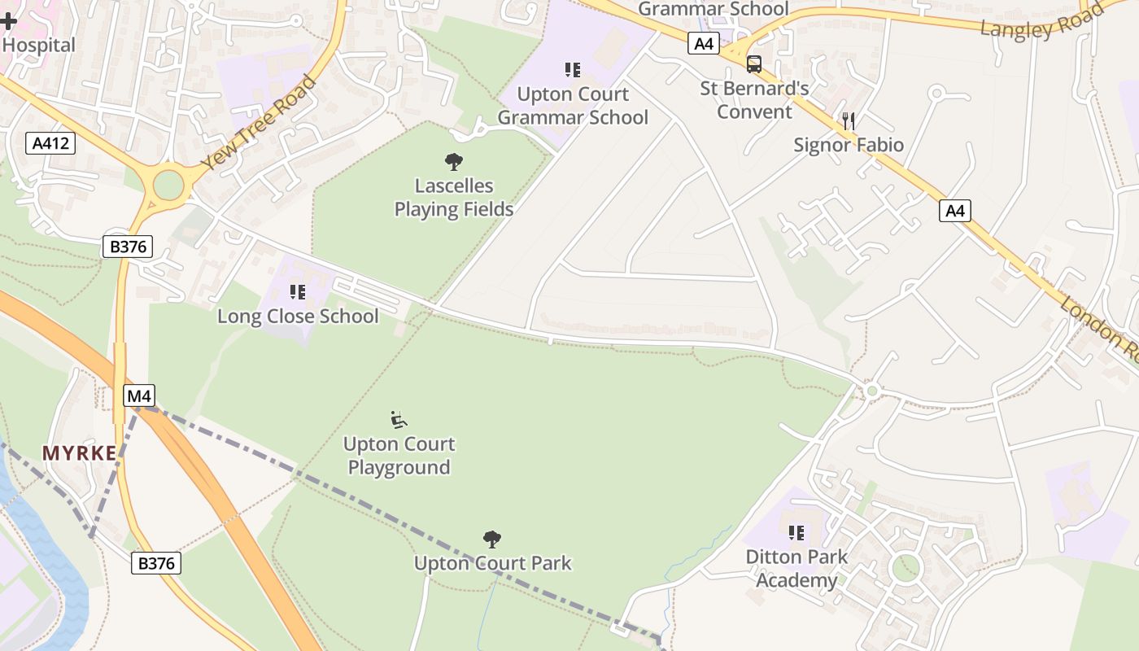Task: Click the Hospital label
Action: [38, 45]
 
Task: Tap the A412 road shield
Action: [50, 144]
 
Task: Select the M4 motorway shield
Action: [138, 396]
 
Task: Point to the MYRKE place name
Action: [80, 453]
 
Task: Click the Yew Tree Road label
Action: [258, 123]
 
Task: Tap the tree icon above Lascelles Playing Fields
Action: [454, 162]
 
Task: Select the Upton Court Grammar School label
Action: [573, 106]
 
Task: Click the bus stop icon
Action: [754, 63]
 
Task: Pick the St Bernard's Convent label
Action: [754, 100]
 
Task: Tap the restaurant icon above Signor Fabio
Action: [849, 121]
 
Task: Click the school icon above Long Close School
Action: [298, 291]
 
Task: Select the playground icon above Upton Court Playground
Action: [399, 420]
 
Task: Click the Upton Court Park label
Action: [493, 563]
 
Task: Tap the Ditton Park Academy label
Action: [796, 569]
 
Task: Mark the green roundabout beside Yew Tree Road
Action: [168, 185]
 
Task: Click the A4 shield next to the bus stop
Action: [704, 44]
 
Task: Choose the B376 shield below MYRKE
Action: [156, 563]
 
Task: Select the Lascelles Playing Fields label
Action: [454, 198]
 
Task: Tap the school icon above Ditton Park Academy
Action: [796, 533]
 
